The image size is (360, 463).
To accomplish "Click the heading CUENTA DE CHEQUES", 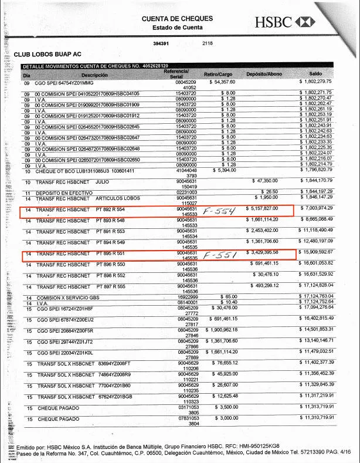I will point(177,19).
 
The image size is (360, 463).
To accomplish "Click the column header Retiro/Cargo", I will point(218,75).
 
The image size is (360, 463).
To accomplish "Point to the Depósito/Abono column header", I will point(264,75).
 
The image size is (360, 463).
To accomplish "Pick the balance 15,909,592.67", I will point(317,252).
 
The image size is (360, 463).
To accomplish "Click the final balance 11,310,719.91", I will point(317,419).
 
